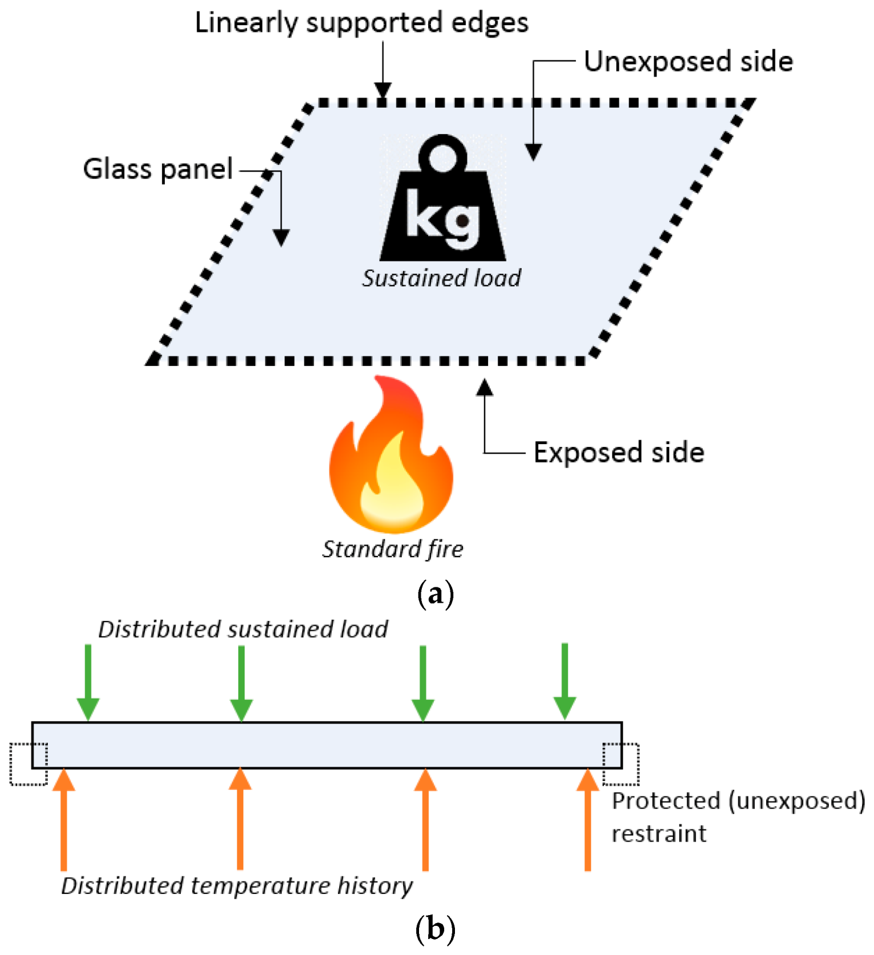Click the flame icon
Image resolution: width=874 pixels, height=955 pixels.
(x=391, y=456)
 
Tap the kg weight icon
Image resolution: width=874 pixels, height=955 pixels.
(x=443, y=200)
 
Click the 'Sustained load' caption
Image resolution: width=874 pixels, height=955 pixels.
(x=441, y=278)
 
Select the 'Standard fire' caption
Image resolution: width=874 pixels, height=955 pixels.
(x=392, y=549)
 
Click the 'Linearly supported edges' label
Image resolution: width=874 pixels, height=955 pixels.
(x=361, y=23)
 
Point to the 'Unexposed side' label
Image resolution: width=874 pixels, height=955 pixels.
(x=688, y=62)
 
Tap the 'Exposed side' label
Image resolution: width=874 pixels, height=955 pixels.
(x=619, y=452)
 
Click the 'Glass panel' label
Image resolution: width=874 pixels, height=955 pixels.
(x=158, y=169)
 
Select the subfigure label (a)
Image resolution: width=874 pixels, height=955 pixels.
(x=436, y=594)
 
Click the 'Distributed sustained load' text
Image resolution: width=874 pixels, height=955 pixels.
(x=243, y=629)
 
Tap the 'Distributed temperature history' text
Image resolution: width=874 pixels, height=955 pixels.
(x=237, y=885)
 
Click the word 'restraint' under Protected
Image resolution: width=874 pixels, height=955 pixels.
(x=658, y=834)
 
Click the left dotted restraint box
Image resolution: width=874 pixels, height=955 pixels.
(x=28, y=764)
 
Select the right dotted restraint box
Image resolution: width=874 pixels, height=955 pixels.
(x=621, y=764)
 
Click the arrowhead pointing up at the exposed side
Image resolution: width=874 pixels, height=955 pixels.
(x=485, y=388)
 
